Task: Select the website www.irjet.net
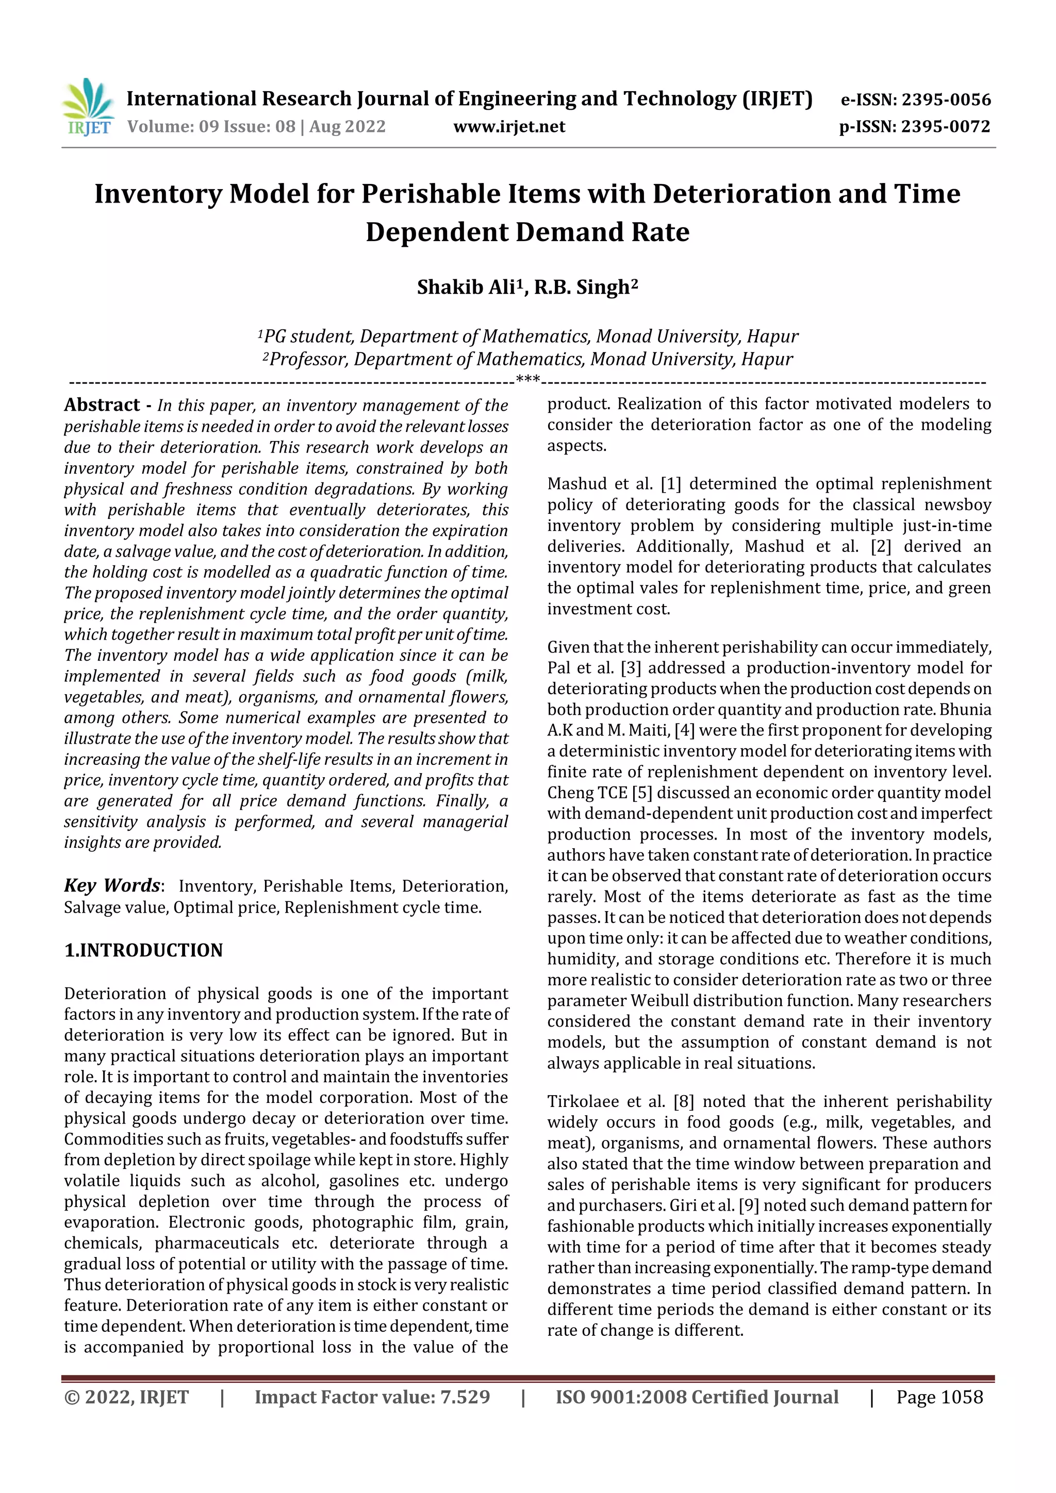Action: (509, 127)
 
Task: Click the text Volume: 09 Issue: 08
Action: (211, 127)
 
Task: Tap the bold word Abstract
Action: (102, 405)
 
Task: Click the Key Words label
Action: (112, 886)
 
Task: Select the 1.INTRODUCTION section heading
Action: (143, 951)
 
